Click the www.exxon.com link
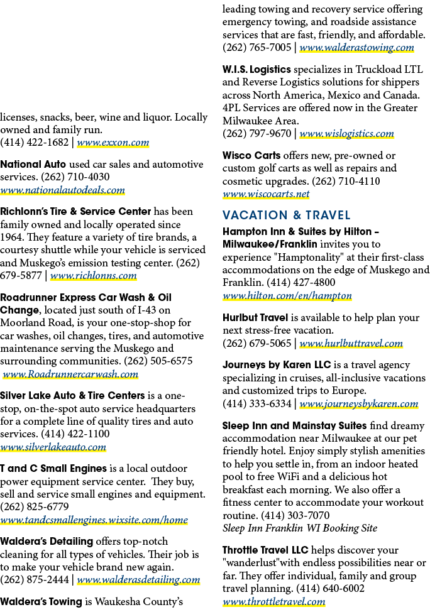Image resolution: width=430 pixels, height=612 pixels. coord(113,143)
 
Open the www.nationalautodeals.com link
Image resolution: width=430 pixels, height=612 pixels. coord(62,190)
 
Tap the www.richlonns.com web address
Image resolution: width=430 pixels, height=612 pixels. coord(93,276)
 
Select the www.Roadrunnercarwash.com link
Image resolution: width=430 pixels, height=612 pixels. coord(70,374)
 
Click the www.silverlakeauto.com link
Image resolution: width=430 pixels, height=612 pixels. coord(53,447)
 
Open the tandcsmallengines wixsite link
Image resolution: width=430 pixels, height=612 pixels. coord(94,520)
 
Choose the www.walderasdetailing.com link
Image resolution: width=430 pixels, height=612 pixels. coord(138,580)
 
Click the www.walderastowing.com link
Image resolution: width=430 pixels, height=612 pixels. coord(356,48)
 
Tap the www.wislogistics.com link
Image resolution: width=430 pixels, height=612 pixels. coord(346,134)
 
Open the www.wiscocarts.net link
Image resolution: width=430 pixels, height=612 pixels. coord(266,194)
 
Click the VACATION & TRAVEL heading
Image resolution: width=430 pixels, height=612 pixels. coord(286,215)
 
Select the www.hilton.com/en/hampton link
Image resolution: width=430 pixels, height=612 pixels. coord(287,296)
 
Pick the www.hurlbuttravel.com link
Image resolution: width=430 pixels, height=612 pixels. coord(351,344)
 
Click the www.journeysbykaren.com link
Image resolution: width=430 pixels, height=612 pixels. coord(358,404)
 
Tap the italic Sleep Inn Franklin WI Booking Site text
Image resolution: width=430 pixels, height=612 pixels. coord(300,528)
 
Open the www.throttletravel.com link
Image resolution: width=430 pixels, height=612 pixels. coord(273,602)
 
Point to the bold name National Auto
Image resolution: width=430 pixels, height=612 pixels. coord(33,165)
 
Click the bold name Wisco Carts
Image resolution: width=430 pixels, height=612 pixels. coord(251,155)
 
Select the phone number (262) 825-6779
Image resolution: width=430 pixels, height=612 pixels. coord(35,506)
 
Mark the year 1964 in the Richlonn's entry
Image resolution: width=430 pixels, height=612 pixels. coord(11,238)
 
